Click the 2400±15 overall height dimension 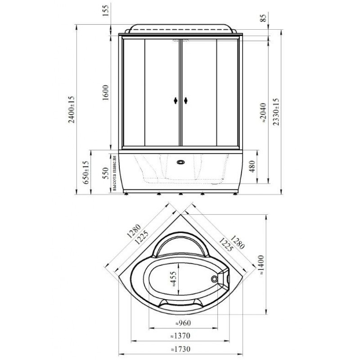coord(72,110)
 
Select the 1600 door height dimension coord(105,93)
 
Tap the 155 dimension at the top coord(105,10)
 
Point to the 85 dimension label coord(264,18)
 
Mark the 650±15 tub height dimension coord(85,172)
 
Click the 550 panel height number coord(105,173)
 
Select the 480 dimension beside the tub coord(252,166)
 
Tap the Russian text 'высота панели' coord(114,173)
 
